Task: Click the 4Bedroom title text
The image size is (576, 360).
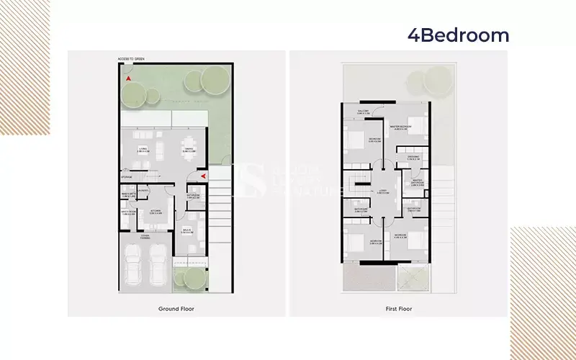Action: coord(458,35)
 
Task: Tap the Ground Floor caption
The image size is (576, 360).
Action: coord(176,308)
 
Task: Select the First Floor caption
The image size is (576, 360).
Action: coord(397,308)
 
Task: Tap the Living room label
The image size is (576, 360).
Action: coord(143,150)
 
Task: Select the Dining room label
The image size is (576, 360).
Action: coord(189,150)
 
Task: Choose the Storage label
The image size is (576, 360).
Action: coord(127,176)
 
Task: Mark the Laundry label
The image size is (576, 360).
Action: coord(143,190)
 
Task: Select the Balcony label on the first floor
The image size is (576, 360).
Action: coord(364,112)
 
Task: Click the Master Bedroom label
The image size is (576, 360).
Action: coord(400,127)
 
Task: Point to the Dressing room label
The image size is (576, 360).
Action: coord(413,158)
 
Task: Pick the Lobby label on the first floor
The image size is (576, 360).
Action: coord(384,192)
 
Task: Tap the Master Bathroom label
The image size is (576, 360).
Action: coord(417,183)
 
